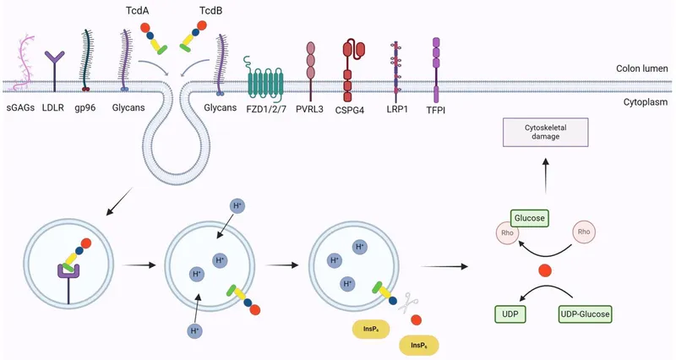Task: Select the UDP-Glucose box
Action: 583,313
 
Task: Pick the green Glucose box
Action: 530,219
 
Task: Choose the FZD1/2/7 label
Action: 269,109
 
